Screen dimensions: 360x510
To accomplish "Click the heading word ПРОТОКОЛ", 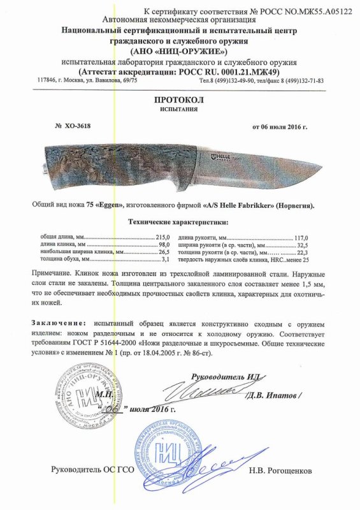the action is [180, 101].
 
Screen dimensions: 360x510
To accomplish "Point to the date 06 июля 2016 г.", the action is [280, 126].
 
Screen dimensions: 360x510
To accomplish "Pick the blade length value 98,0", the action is [165, 245].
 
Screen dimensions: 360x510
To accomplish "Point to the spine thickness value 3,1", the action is [167, 260].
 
